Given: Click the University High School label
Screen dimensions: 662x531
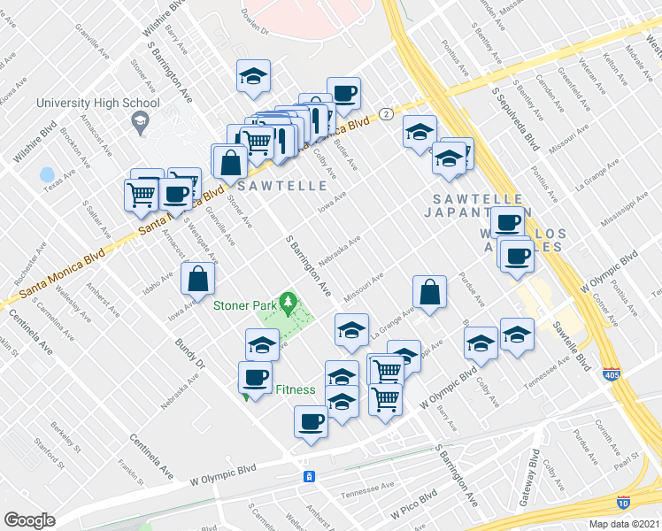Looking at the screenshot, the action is point(97,103).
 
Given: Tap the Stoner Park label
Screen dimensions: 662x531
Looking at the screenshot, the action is point(244,306).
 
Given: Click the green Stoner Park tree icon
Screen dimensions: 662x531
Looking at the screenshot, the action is point(289,305).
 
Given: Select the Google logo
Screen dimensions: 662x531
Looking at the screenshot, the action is point(29,520).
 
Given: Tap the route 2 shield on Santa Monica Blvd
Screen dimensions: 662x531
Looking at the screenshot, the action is point(387,114).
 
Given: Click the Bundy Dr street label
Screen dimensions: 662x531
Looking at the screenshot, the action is point(189,352).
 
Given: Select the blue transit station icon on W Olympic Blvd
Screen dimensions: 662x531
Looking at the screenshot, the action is point(309,477).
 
